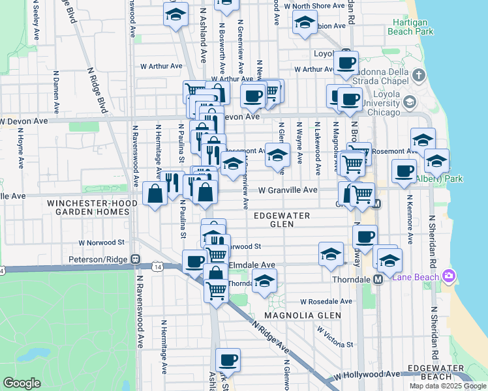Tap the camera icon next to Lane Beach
click(449, 276)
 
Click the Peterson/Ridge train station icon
click(136, 259)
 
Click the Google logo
click(22, 383)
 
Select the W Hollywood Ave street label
click(366, 375)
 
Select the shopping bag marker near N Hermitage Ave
click(155, 194)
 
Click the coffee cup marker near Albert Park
click(404, 171)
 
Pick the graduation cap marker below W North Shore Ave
click(304, 23)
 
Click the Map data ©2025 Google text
click(448, 386)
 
